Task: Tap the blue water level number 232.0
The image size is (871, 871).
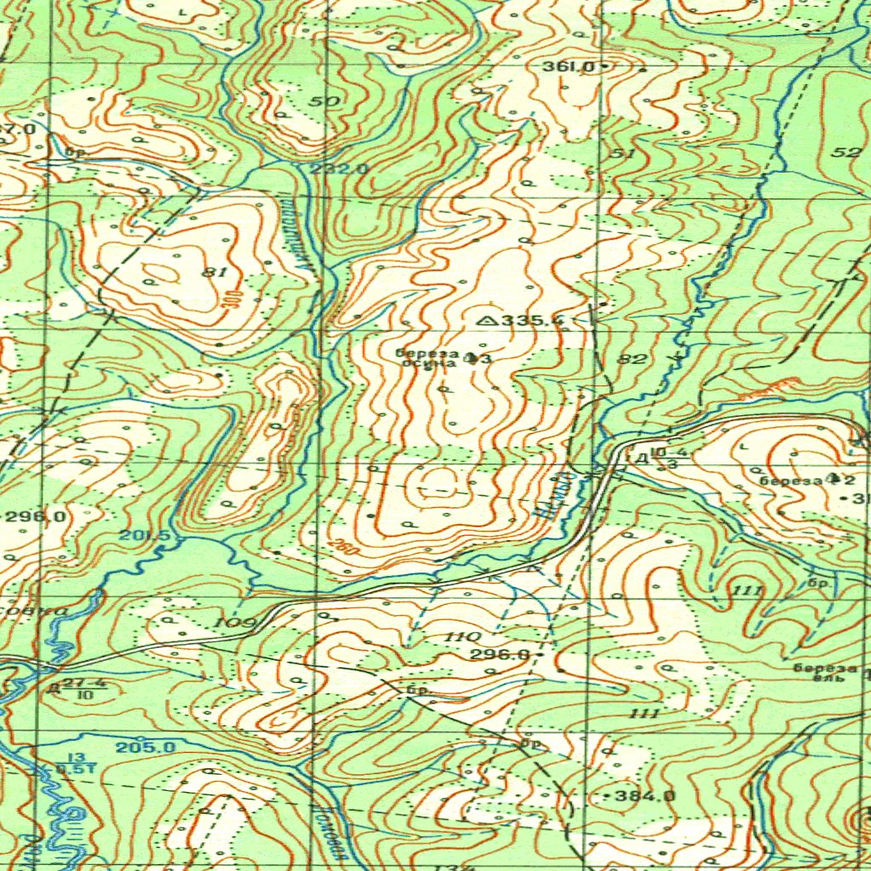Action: tap(339, 169)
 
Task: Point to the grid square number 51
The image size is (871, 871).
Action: tap(623, 153)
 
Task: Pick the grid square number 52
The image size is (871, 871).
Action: tap(846, 152)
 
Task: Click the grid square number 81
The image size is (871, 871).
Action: tap(214, 272)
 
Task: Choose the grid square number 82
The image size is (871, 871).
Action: tap(632, 360)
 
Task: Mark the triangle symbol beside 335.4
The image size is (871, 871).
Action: tap(488, 321)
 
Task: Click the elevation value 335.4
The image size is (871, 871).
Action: tap(533, 321)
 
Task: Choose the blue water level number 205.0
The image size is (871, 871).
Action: tap(145, 747)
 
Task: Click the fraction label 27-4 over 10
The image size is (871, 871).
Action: tap(83, 688)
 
